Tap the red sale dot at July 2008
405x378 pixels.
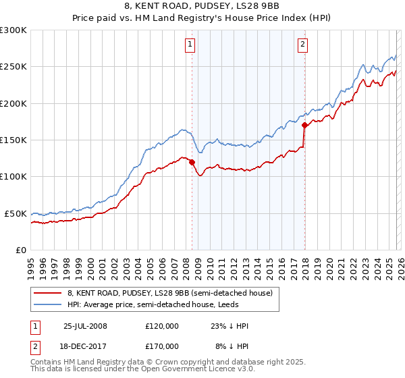click(x=192, y=162)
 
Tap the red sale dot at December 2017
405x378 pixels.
click(x=304, y=125)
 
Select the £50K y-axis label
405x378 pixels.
click(x=16, y=213)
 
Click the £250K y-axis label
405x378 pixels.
click(x=13, y=67)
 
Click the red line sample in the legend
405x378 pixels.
click(x=47, y=293)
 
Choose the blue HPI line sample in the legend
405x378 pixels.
click(x=47, y=304)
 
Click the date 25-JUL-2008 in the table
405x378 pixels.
click(x=85, y=326)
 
